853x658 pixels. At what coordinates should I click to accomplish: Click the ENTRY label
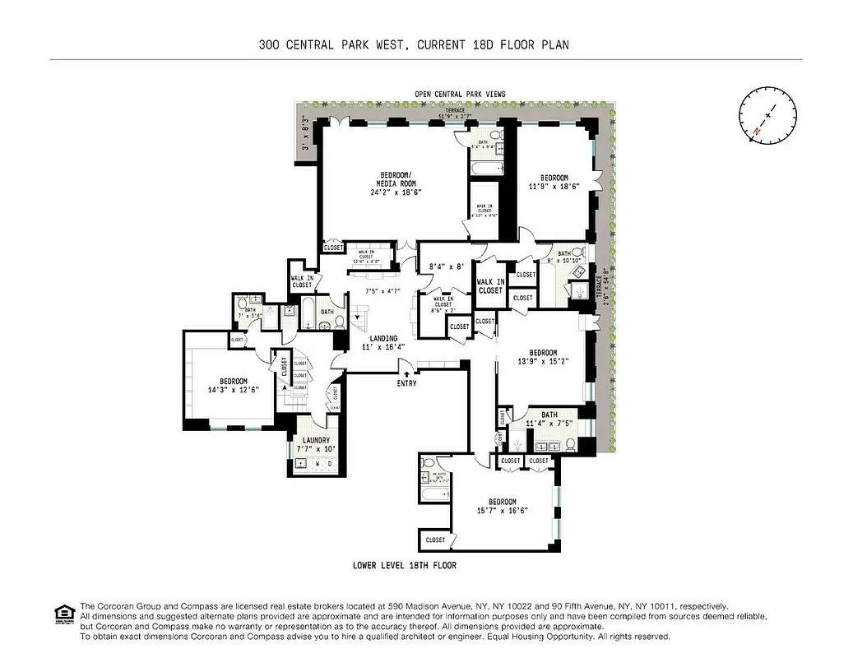point(406,383)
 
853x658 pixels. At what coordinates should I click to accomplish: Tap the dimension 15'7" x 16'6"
point(503,511)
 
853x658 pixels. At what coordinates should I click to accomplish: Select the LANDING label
point(383,338)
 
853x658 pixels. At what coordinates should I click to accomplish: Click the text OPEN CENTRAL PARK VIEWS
point(460,94)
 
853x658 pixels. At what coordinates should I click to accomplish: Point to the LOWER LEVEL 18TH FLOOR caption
point(404,566)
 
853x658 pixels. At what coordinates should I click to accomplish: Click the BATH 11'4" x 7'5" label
point(542,419)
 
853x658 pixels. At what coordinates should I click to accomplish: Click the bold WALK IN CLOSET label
point(490,285)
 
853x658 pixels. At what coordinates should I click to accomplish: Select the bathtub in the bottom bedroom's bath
point(435,494)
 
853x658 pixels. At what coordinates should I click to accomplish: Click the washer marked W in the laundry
point(318,464)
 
